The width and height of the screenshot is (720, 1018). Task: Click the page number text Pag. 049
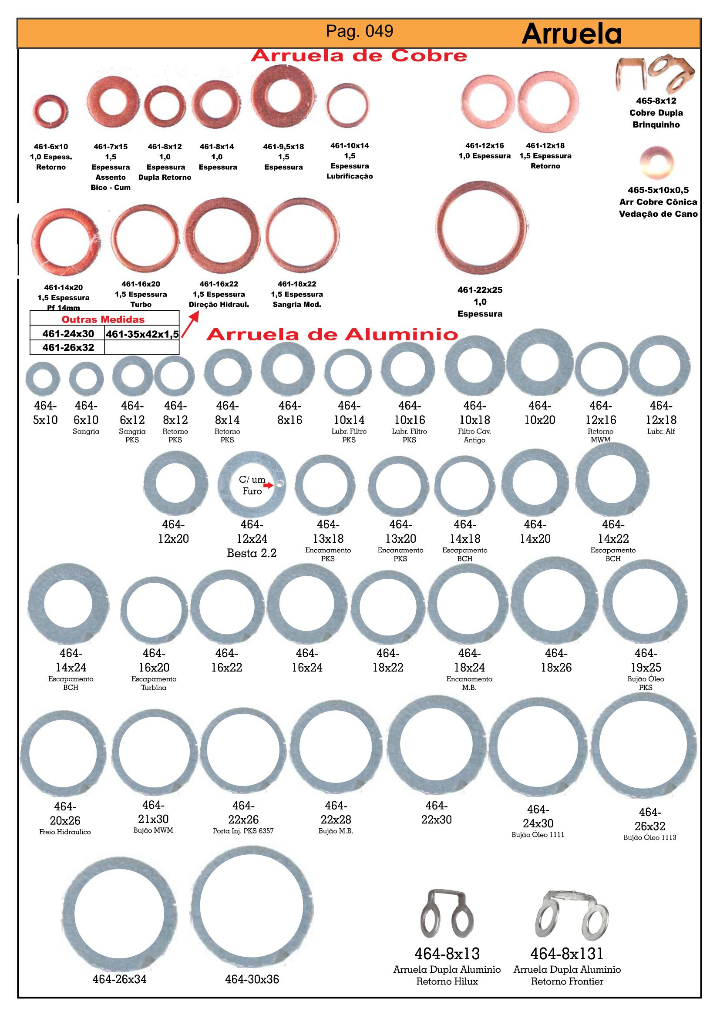359,31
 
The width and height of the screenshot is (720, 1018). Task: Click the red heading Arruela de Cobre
359,56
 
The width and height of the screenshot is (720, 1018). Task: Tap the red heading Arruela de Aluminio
332,334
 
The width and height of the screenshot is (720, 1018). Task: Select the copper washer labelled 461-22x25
480,228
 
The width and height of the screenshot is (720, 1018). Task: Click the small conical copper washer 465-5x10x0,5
657,163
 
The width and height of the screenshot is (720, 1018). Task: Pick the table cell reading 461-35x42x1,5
142,334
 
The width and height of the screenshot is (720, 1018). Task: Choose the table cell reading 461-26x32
68,347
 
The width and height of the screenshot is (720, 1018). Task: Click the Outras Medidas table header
103,319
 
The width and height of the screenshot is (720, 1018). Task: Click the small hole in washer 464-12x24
279,484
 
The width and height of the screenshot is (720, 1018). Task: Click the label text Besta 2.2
251,553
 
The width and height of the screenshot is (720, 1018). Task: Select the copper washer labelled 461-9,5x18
283,96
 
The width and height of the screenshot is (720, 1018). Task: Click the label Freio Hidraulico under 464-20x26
65,832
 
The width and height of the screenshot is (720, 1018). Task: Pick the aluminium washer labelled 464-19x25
646,602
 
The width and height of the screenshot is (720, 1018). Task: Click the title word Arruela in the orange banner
572,34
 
